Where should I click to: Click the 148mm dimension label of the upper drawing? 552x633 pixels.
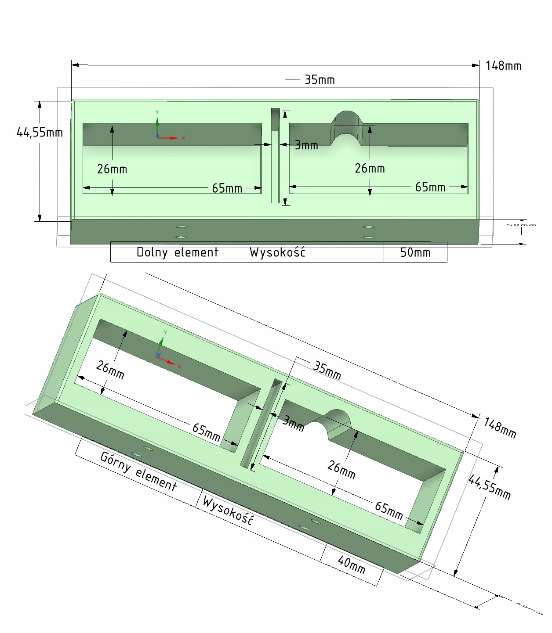pyautogui.click(x=504, y=66)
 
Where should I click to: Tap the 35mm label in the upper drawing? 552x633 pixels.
pyautogui.click(x=320, y=80)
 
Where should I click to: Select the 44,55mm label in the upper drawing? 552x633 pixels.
pyautogui.click(x=40, y=132)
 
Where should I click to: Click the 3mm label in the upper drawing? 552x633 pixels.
pyautogui.click(x=306, y=145)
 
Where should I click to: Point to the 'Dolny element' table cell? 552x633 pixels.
pyautogui.click(x=177, y=252)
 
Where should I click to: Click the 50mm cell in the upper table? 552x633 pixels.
pyautogui.click(x=415, y=253)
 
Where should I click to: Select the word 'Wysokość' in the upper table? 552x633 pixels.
pyautogui.click(x=277, y=252)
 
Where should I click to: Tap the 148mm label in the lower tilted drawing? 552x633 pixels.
pyautogui.click(x=500, y=428)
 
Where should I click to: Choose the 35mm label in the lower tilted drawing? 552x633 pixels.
pyautogui.click(x=327, y=370)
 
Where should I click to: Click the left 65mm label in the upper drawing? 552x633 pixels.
pyautogui.click(x=227, y=188)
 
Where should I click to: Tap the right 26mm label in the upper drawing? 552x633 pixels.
pyautogui.click(x=370, y=169)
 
